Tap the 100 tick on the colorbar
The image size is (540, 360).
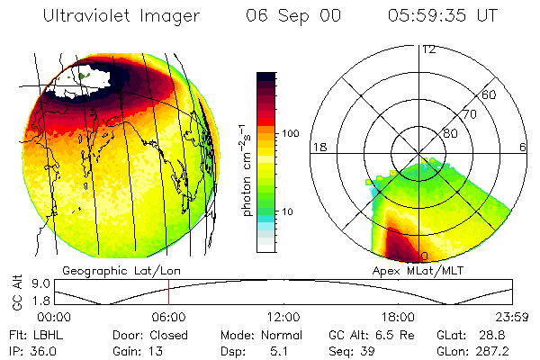click(290, 133)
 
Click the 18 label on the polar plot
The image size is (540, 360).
click(318, 147)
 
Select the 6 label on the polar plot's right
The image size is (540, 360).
click(523, 147)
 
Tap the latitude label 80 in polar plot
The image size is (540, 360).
click(450, 133)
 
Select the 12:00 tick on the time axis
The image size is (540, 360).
click(283, 317)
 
